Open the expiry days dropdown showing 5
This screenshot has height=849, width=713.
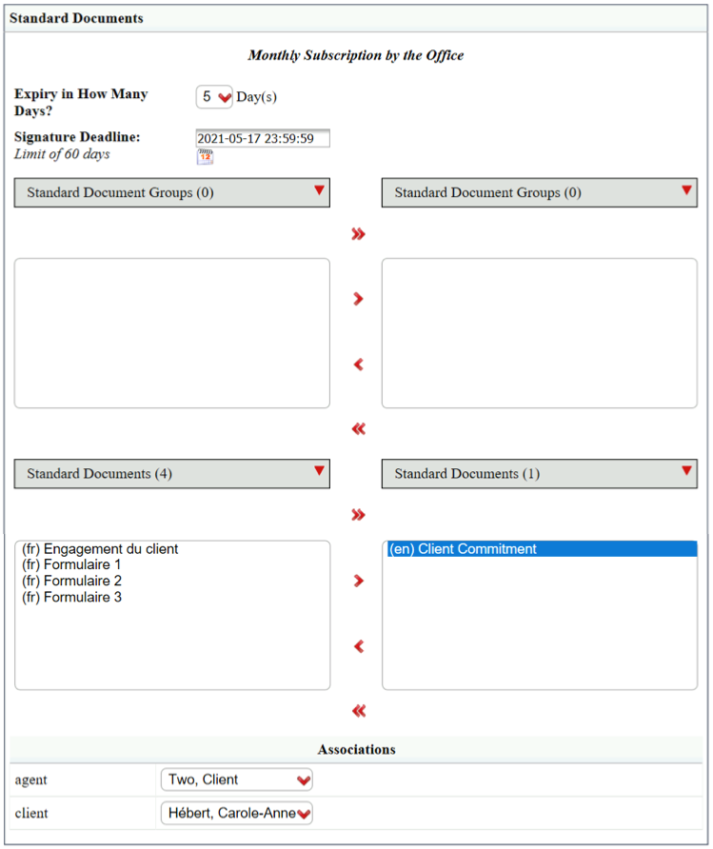[x=214, y=97]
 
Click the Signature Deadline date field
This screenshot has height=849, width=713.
[x=263, y=138]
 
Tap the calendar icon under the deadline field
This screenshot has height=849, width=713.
[x=206, y=157]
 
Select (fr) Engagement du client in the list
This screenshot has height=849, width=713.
[x=100, y=549]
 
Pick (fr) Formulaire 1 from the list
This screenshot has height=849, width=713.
[x=71, y=564]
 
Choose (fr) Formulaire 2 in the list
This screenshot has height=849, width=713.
[x=71, y=581]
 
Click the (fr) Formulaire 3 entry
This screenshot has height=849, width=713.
[x=71, y=597]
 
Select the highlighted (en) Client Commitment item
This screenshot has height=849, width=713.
[x=540, y=549]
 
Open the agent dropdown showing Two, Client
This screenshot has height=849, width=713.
[x=237, y=780]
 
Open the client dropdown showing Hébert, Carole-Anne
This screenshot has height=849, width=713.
[x=237, y=813]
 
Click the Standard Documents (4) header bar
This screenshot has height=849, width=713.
[x=172, y=474]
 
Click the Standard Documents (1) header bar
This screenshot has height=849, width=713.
[x=540, y=474]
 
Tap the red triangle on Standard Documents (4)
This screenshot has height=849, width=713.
[x=320, y=470]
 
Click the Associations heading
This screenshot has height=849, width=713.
[x=357, y=749]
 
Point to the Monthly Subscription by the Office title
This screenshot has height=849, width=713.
[x=356, y=55]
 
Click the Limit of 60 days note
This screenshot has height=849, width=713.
[x=62, y=154]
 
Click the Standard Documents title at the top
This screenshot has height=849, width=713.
[x=76, y=18]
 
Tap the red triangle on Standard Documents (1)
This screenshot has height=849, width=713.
[x=687, y=470]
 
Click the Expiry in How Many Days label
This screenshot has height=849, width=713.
[x=81, y=103]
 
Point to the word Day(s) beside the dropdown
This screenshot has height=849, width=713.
[x=257, y=97]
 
